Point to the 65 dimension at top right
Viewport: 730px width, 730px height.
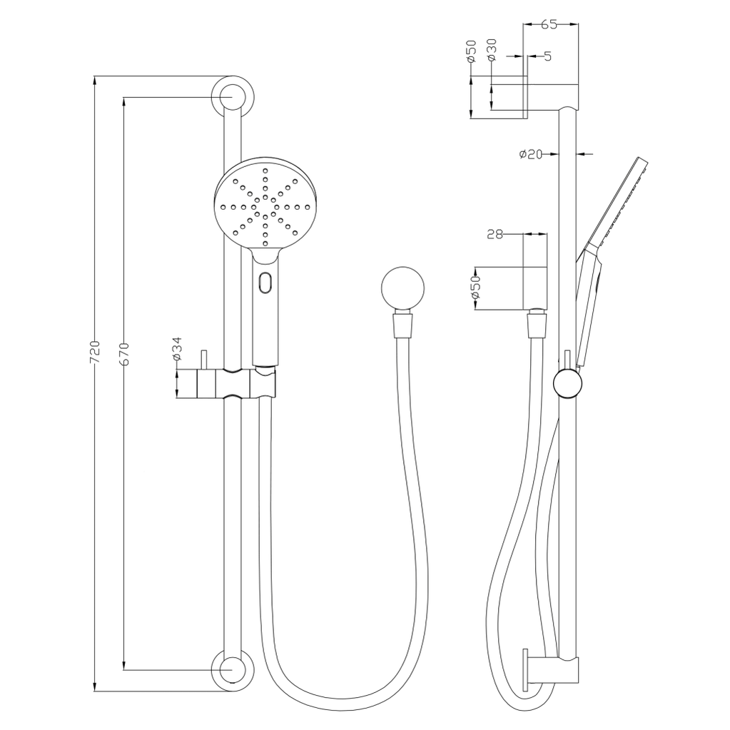(x=549, y=24)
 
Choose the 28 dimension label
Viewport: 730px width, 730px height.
(x=494, y=233)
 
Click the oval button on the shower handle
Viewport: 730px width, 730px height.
(x=265, y=283)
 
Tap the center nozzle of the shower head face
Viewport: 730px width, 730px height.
(x=265, y=207)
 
